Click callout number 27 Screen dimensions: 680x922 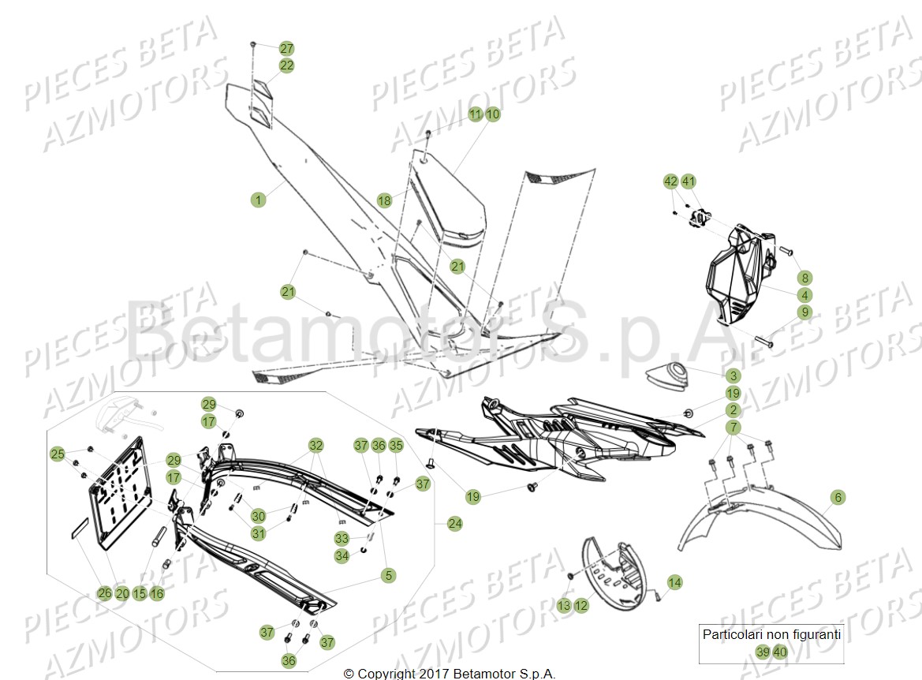(286, 49)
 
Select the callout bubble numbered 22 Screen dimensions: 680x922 (286, 65)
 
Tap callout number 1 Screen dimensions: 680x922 (258, 200)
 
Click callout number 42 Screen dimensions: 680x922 (670, 181)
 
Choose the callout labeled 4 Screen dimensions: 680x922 (804, 295)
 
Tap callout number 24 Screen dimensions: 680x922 (455, 522)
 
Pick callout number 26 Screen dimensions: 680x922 (104, 593)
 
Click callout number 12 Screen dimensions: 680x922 (581, 606)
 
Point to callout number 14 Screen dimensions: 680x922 (674, 583)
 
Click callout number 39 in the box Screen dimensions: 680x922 (762, 652)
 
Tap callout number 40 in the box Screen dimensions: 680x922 (779, 652)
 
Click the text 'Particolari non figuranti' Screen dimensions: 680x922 (771, 634)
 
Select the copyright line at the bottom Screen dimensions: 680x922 (450, 674)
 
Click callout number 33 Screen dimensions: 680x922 (341, 539)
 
